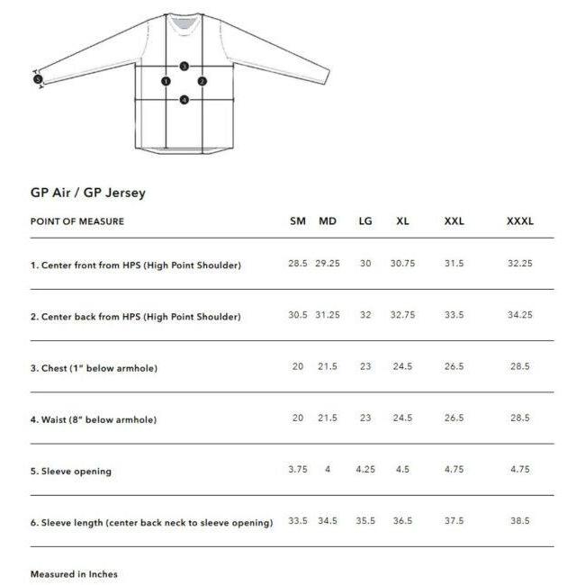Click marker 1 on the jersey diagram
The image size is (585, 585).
click(166, 81)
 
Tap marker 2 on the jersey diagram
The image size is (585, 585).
click(202, 81)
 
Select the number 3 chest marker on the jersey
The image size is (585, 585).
click(184, 67)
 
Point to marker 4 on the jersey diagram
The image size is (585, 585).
click(184, 100)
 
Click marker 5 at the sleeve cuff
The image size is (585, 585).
click(38, 79)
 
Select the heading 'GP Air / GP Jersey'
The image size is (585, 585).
click(88, 192)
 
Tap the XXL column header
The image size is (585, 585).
click(454, 221)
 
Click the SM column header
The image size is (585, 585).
click(298, 221)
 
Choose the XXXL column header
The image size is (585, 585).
click(520, 221)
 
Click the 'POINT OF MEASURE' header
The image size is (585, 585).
click(77, 221)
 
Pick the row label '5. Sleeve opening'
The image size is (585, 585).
click(71, 471)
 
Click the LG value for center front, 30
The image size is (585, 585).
click(364, 264)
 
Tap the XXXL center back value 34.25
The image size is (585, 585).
click(520, 315)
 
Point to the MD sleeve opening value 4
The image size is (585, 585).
click(328, 469)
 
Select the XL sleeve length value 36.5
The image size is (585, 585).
click(402, 520)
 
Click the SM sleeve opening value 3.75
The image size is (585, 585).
click(298, 469)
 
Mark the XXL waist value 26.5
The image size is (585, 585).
click(454, 418)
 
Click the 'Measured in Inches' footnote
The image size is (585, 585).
click(74, 573)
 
